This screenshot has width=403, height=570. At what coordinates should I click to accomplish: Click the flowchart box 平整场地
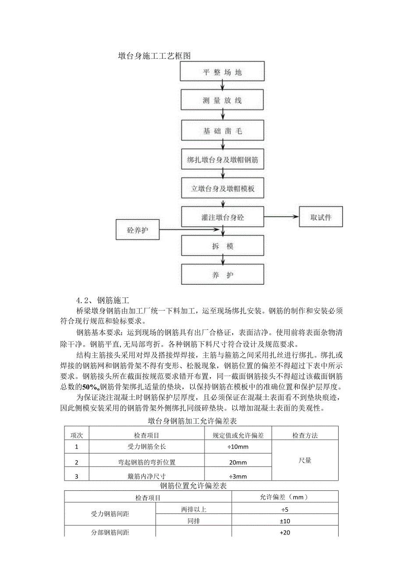point(222,72)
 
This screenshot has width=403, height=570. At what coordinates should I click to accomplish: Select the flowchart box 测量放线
point(222,100)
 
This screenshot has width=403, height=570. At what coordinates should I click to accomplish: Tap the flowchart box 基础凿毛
point(222,130)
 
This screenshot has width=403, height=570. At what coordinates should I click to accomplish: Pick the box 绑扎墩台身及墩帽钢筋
point(222,160)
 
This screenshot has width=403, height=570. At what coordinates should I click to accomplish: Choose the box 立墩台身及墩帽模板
point(222,189)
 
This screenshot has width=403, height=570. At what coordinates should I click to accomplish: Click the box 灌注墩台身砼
point(222,217)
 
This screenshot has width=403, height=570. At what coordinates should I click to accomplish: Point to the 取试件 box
point(321,217)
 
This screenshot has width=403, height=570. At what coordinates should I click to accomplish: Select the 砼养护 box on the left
point(138,230)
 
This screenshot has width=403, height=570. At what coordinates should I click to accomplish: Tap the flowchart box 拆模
point(222,246)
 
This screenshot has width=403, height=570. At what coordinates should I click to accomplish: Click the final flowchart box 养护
point(222,275)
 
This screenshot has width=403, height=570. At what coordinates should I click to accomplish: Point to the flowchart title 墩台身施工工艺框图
point(155,56)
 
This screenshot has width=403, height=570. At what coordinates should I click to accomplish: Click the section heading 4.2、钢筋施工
point(103,301)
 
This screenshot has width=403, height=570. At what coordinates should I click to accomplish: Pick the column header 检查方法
point(305,435)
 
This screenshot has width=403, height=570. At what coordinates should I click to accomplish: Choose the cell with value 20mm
point(238,462)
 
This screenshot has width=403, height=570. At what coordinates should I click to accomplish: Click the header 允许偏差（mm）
point(285,497)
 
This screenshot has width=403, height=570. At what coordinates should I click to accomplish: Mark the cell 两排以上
point(193,509)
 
